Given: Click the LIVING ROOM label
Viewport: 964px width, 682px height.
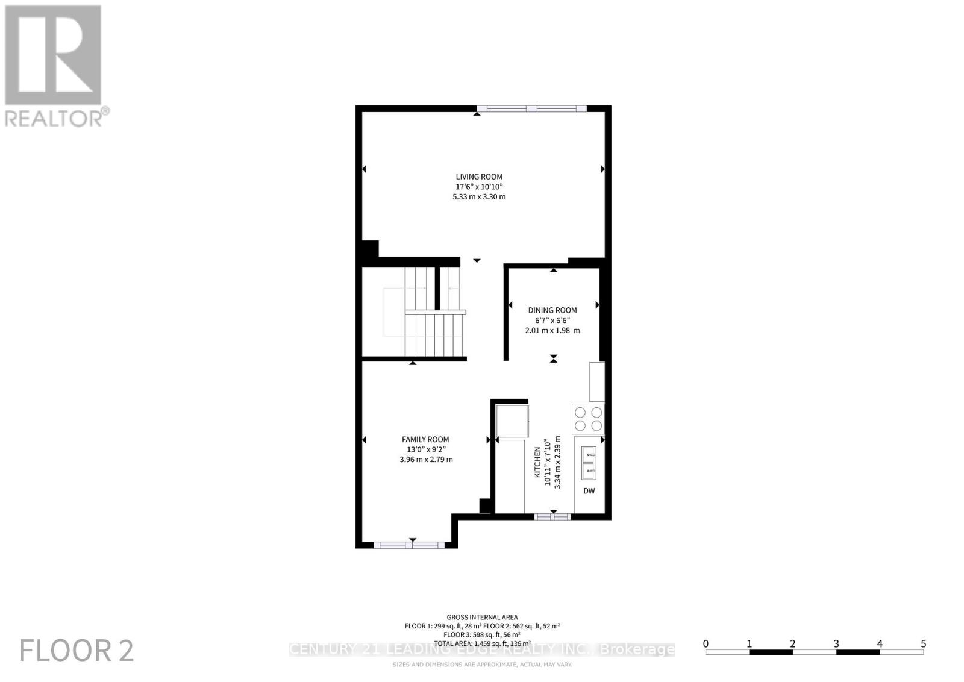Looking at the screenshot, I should (x=479, y=177).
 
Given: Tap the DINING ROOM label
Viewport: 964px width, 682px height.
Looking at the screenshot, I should (x=552, y=310).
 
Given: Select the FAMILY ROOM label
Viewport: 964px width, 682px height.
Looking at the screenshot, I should (x=425, y=440).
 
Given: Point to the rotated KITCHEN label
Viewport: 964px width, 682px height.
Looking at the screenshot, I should (x=537, y=463).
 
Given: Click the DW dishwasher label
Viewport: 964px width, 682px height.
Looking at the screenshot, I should (x=589, y=491).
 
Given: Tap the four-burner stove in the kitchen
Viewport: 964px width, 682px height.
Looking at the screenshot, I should (x=588, y=419).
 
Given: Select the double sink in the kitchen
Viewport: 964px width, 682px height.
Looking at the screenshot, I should (x=589, y=462).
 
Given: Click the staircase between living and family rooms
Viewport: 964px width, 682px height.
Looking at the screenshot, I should (x=434, y=313).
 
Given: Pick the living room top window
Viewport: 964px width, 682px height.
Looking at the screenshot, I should (x=531, y=109).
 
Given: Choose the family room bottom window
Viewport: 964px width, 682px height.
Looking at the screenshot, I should (x=409, y=545).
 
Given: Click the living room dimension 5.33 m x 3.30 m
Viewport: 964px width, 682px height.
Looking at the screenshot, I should (x=479, y=197).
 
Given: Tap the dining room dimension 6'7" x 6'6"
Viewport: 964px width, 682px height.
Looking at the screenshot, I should (x=552, y=321).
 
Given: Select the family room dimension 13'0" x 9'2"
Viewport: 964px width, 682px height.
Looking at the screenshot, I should (x=425, y=449).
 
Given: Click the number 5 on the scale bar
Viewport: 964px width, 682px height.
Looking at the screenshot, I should (x=923, y=643).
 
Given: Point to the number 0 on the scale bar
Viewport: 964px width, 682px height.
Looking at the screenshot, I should (x=706, y=643).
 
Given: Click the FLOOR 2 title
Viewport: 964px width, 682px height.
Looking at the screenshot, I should (x=77, y=651).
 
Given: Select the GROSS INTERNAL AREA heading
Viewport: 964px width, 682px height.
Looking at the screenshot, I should (x=482, y=617).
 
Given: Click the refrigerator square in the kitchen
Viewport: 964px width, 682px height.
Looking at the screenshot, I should (x=512, y=421).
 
